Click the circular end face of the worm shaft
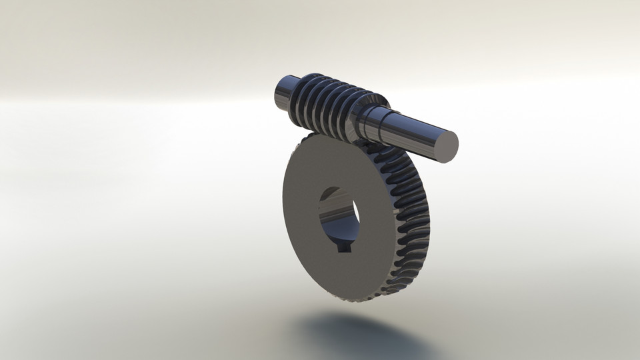tap(442, 146)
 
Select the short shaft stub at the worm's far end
tap(285, 94)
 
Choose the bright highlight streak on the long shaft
tap(413, 123)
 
